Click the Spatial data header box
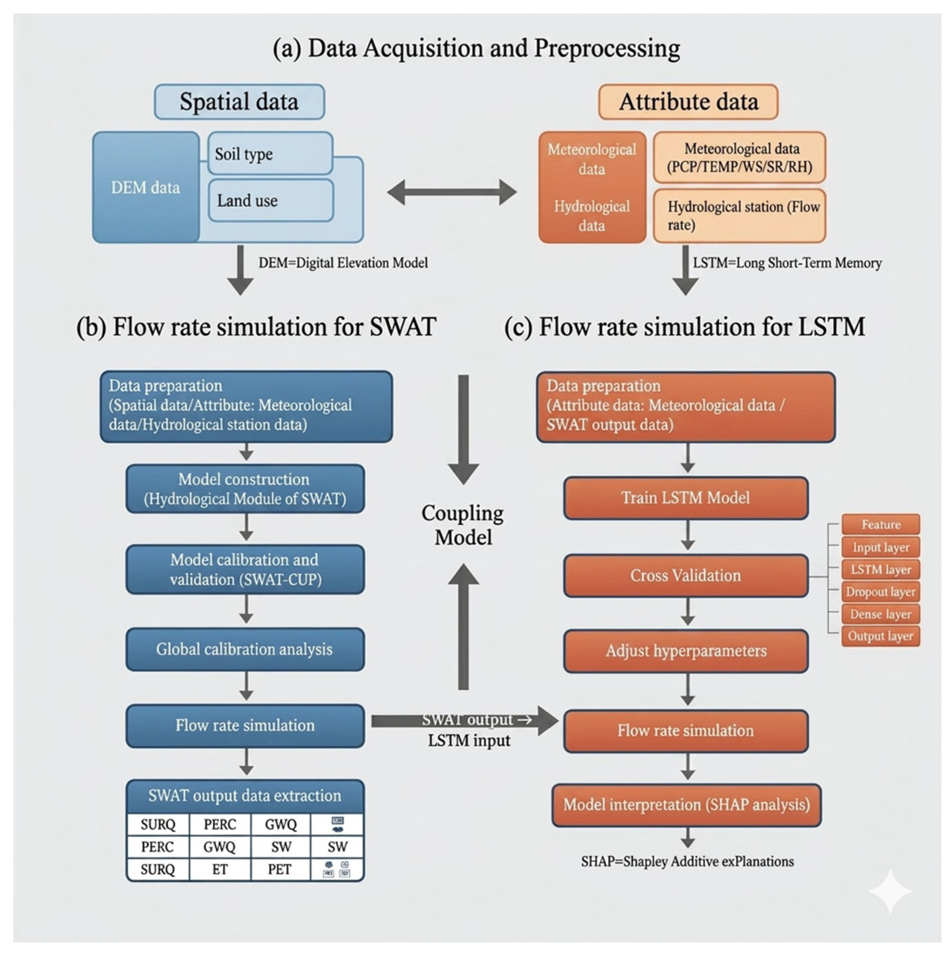239,102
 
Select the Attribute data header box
688,102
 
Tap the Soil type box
270,154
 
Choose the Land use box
271,200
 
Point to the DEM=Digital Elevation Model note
343,263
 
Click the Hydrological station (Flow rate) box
739,216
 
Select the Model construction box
245,489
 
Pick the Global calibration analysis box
245,649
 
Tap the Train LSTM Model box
685,498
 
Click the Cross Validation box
685,576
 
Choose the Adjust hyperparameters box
685,651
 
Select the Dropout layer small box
880,592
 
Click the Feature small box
880,525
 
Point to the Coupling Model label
463,525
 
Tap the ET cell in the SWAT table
220,870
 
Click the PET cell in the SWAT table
280,870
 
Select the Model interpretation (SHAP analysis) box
686,805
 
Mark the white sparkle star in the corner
890,891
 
